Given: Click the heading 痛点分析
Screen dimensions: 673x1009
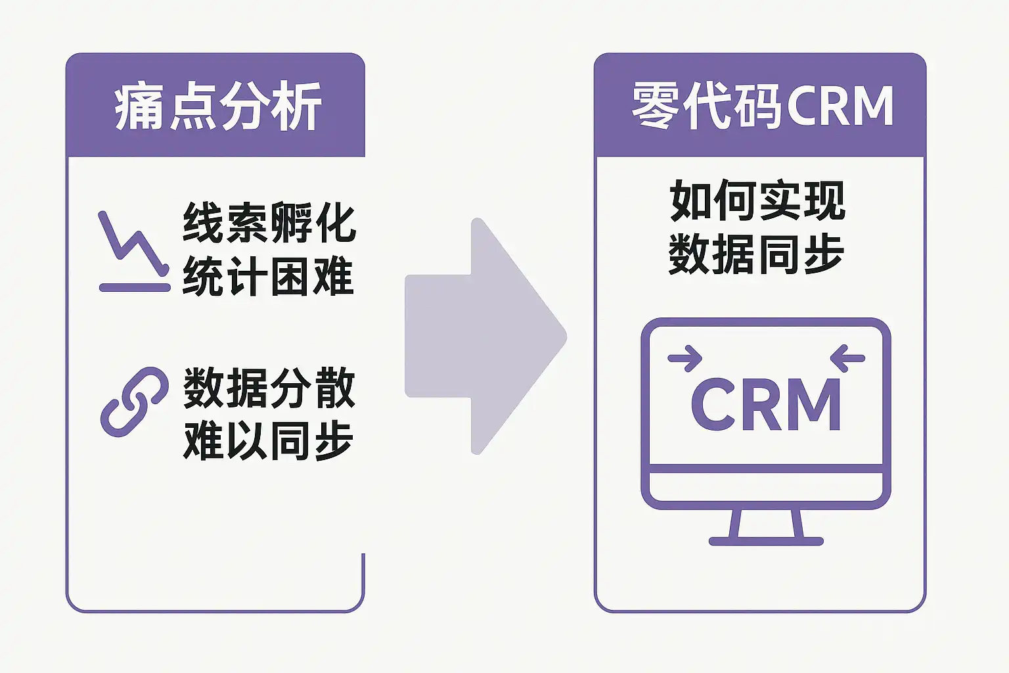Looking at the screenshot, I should (217, 106).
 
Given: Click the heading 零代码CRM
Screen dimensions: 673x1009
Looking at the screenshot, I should (762, 106).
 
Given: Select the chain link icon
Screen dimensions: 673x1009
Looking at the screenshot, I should (134, 402).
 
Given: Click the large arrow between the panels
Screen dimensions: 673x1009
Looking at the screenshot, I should (486, 336).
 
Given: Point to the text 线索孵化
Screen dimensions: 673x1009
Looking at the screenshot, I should (269, 223).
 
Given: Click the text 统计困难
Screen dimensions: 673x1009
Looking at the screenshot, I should (269, 276).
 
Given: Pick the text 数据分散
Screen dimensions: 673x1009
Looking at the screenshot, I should (269, 388).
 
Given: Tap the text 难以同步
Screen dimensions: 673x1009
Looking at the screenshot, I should (269, 441).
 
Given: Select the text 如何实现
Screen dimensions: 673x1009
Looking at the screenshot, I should (757, 201).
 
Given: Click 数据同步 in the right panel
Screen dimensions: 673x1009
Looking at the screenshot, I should (757, 254).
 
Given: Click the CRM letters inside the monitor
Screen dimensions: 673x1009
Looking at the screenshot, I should (766, 404).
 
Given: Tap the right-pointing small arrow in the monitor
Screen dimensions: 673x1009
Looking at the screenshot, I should (685, 359).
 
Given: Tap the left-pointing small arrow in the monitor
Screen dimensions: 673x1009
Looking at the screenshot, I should (848, 359).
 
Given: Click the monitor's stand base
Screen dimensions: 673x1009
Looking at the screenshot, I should (766, 541).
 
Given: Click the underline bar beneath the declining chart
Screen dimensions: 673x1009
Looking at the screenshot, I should (134, 287).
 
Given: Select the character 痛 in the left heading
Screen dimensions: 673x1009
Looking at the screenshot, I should (139, 106).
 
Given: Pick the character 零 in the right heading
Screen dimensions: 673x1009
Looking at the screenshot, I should (656, 106).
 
